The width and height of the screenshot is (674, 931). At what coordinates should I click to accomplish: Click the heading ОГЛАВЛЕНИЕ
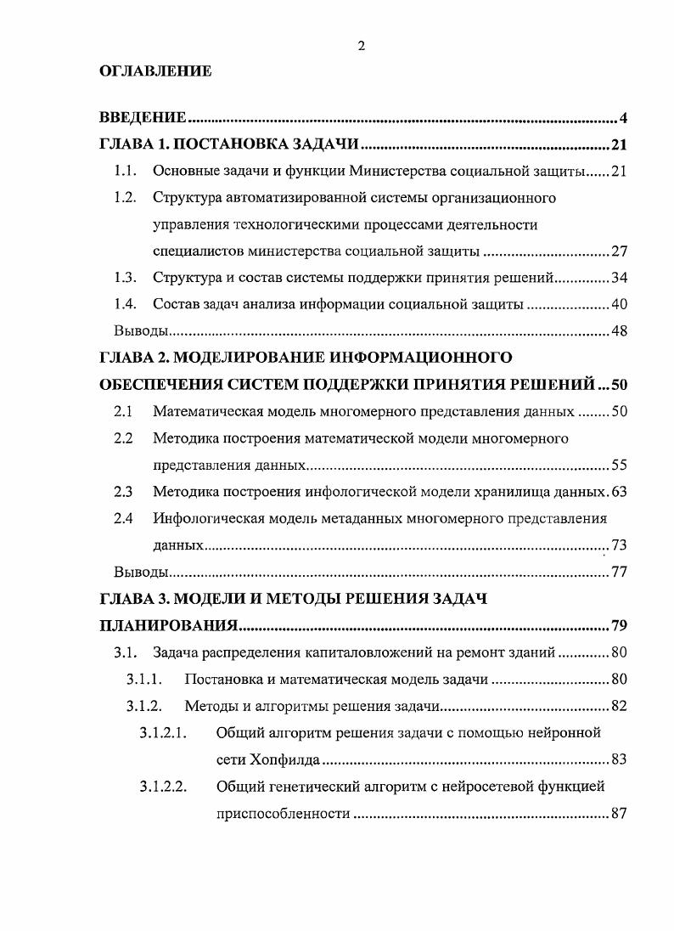click(155, 72)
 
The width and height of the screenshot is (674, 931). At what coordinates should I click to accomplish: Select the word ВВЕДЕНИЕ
click(143, 117)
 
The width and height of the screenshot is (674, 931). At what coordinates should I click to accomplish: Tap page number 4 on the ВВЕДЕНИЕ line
click(622, 117)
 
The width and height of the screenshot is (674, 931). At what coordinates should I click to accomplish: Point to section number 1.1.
click(125, 172)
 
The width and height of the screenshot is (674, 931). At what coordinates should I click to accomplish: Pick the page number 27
click(618, 251)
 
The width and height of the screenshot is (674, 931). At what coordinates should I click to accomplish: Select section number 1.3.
click(125, 278)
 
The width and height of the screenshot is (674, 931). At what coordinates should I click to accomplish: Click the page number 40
click(618, 304)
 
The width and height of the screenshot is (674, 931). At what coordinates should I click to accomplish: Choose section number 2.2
click(123, 438)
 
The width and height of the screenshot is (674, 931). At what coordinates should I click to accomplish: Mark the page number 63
click(618, 491)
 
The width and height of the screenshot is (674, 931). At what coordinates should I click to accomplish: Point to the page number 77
click(618, 571)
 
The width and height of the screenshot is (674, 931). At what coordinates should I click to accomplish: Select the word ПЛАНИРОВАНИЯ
click(168, 627)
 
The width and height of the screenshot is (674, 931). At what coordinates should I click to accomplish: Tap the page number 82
click(618, 706)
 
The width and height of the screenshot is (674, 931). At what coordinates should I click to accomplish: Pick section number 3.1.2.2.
click(163, 787)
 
